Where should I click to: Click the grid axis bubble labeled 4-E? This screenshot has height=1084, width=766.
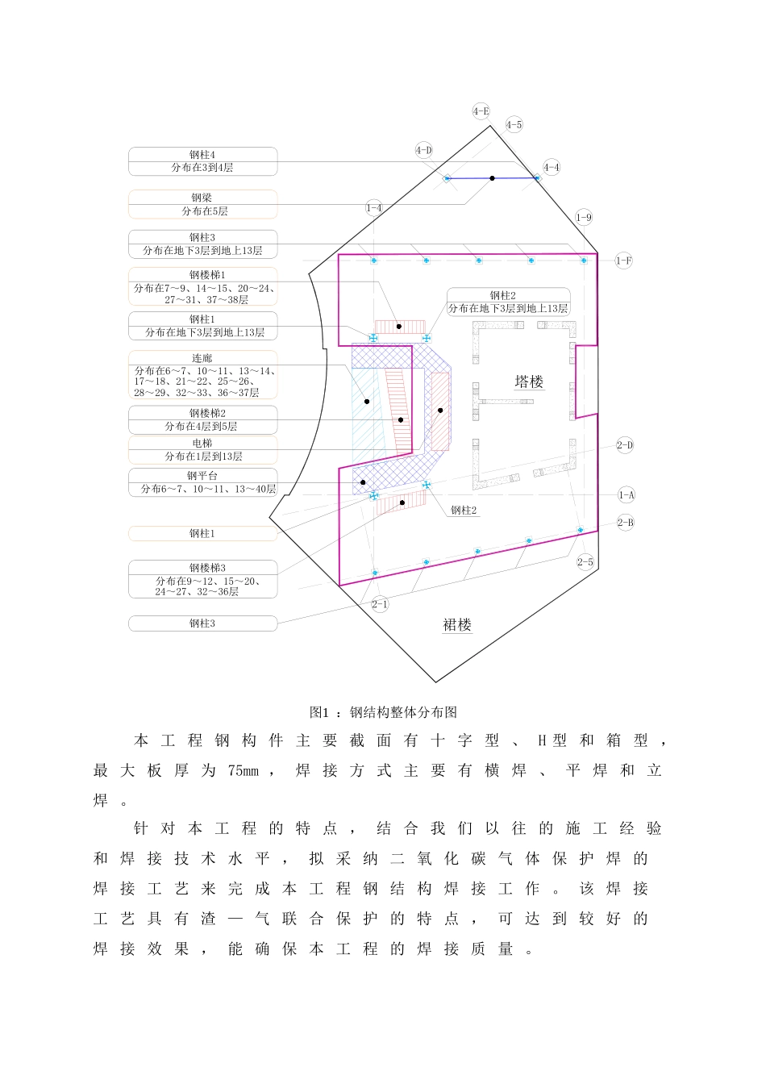point(481,111)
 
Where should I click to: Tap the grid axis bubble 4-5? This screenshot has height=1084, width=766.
point(514,124)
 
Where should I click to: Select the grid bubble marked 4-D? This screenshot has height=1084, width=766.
point(423,150)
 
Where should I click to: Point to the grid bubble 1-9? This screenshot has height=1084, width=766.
point(584,217)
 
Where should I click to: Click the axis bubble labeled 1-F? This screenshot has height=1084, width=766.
point(623,261)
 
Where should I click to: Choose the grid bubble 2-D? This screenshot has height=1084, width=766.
point(625,445)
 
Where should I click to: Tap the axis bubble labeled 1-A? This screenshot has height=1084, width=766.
point(626,495)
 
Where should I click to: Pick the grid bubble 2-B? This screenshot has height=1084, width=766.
point(625,523)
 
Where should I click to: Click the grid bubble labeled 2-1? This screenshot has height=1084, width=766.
point(380,604)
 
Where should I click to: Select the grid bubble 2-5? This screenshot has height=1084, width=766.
point(585,562)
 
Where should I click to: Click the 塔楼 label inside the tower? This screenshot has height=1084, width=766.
point(529,381)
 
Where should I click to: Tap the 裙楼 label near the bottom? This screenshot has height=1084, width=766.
point(457,624)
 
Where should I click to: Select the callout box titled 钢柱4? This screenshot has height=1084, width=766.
point(202,161)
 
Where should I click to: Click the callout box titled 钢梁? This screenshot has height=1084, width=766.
point(202,204)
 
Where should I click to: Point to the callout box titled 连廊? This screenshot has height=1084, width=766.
point(202,374)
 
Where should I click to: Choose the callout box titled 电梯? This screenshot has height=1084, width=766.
point(202,449)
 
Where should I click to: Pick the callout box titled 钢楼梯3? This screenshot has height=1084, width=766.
point(202,579)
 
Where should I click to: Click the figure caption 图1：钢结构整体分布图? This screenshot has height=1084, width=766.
point(383,712)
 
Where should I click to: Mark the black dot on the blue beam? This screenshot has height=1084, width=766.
point(492,178)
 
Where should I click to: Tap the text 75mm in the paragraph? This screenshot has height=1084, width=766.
point(243,771)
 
